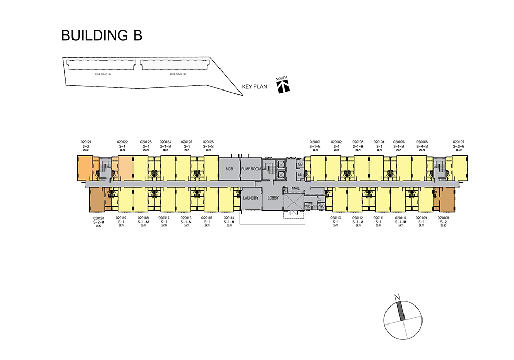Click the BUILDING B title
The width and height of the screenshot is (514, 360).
(x=101, y=35)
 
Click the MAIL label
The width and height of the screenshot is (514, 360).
(x=295, y=188)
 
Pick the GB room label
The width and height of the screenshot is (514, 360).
(x=300, y=164)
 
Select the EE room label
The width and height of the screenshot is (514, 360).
(x=300, y=174)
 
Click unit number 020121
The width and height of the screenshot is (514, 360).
(x=86, y=142)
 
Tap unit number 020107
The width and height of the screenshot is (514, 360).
(x=458, y=142)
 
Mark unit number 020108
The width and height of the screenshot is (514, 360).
(x=444, y=218)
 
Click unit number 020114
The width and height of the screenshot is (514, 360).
(x=229, y=218)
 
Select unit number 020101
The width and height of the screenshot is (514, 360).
(x=315, y=142)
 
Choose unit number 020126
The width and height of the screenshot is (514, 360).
(x=208, y=142)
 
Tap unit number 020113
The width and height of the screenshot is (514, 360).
(x=336, y=218)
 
